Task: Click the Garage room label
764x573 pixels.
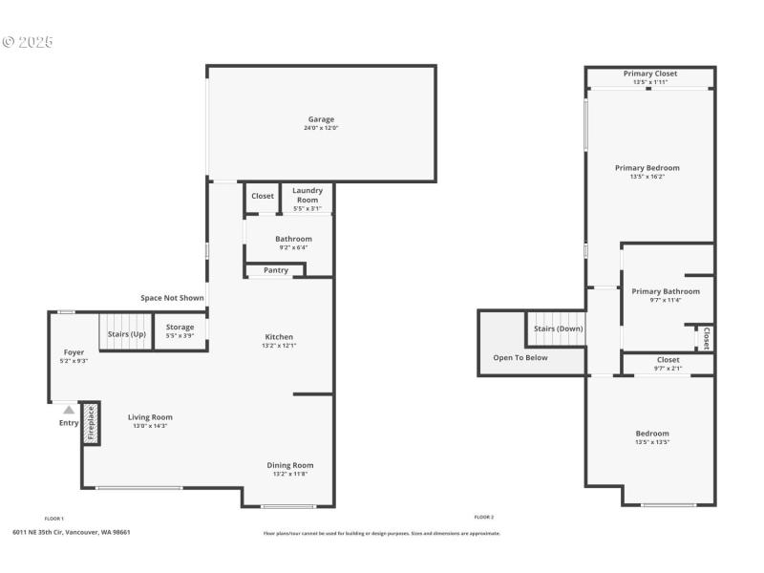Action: (x=321, y=119)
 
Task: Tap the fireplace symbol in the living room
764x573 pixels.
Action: (x=91, y=423)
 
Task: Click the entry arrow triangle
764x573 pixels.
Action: (x=69, y=410)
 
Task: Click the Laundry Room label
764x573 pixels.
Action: (x=308, y=195)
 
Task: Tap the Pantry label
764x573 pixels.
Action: (x=276, y=270)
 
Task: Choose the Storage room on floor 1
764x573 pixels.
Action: (x=180, y=330)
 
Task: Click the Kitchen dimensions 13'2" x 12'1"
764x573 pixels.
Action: (x=279, y=346)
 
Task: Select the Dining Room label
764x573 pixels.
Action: (x=289, y=465)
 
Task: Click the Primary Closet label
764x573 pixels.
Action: (x=650, y=74)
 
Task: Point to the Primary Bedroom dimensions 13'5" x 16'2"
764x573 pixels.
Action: (x=647, y=177)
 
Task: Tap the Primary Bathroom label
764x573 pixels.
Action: (x=666, y=291)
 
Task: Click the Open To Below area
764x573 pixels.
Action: (x=520, y=357)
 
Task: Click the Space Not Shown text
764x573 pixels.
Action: (x=172, y=298)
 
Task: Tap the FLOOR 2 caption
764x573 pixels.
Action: (x=483, y=517)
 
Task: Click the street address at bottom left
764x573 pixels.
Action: (x=72, y=533)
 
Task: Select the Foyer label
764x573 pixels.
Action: (x=74, y=352)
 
